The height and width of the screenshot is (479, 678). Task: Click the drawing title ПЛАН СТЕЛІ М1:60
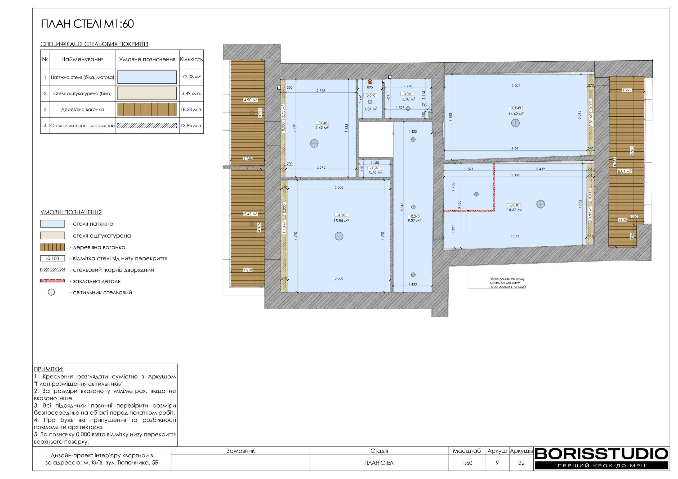click(87, 24)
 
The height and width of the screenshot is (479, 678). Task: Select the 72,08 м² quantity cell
click(191, 77)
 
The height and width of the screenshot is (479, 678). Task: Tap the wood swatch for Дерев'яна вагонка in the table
click(147, 110)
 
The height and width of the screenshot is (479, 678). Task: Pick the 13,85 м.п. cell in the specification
click(191, 126)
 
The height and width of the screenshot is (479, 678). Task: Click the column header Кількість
click(191, 59)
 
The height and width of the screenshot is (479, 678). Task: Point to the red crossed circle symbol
click(370, 82)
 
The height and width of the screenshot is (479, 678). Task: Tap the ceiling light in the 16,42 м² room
click(515, 123)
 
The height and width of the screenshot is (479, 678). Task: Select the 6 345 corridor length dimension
click(402, 207)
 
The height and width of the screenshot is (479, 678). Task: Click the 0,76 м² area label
click(376, 172)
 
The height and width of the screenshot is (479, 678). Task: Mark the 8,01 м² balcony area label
click(625, 171)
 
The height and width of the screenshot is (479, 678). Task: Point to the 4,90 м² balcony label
click(251, 100)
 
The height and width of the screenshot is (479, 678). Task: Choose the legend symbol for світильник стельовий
click(51, 292)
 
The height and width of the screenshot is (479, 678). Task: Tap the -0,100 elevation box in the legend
click(52, 259)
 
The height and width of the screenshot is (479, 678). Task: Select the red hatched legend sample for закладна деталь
click(52, 281)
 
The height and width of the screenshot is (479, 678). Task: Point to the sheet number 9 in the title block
click(497, 463)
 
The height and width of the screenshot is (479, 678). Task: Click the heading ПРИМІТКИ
click(49, 369)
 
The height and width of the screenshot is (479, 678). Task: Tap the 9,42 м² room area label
click(322, 128)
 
